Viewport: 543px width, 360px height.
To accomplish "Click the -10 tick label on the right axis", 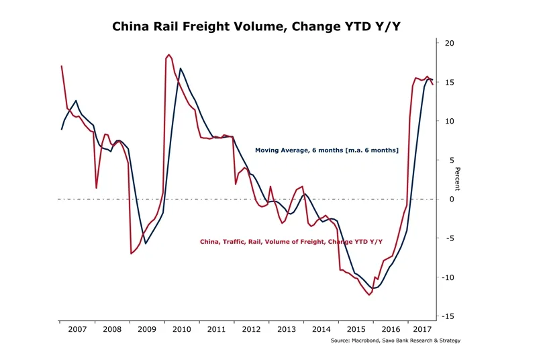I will [446, 277].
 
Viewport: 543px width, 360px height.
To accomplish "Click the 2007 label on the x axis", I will [77, 330].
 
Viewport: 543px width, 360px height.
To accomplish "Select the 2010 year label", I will [182, 330].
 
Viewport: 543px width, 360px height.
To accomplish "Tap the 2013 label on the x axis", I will [286, 330].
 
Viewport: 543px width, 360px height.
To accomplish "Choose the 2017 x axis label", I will [422, 330].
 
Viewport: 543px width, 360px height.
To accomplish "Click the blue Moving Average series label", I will [326, 150].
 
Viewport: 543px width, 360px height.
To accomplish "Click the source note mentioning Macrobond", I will [395, 341].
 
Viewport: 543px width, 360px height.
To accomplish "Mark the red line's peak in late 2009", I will [168, 54].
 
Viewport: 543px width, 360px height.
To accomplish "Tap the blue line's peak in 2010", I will [180, 69].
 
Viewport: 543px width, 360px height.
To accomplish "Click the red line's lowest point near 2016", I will [369, 295].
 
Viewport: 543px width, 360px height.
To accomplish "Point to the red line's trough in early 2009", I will [131, 253].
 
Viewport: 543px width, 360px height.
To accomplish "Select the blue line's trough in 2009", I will [146, 243].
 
